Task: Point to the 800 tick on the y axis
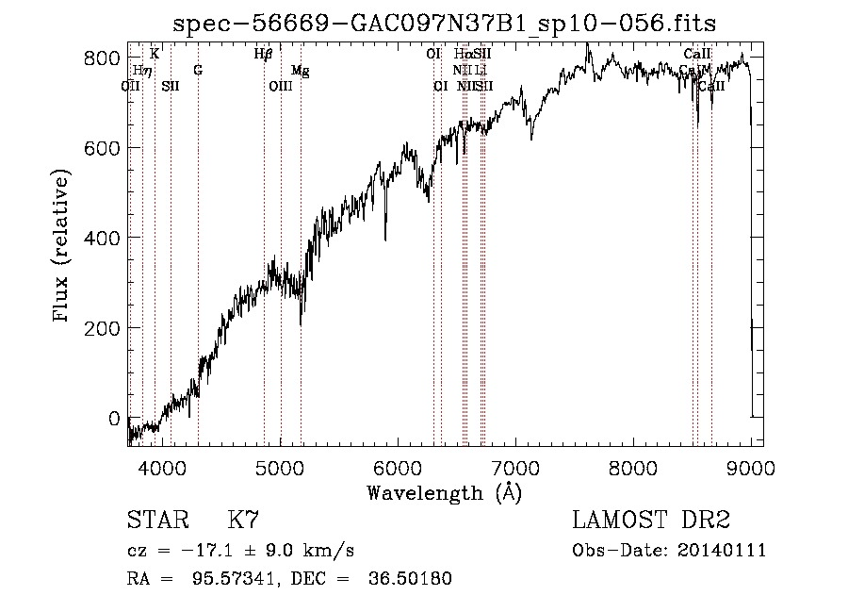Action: click(x=106, y=58)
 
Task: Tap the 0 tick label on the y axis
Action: click(x=113, y=418)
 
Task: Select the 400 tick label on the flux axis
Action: click(x=106, y=238)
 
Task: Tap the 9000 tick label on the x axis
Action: click(x=751, y=465)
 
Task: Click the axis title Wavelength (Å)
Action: click(x=444, y=492)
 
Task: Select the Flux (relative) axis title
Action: click(x=63, y=247)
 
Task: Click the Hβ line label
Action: click(x=263, y=54)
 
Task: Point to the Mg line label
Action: click(x=300, y=71)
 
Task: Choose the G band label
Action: click(x=198, y=71)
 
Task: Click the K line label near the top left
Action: click(x=155, y=54)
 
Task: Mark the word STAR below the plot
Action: click(x=155, y=521)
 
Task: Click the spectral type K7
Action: click(x=243, y=521)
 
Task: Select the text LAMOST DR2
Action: click(x=651, y=521)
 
